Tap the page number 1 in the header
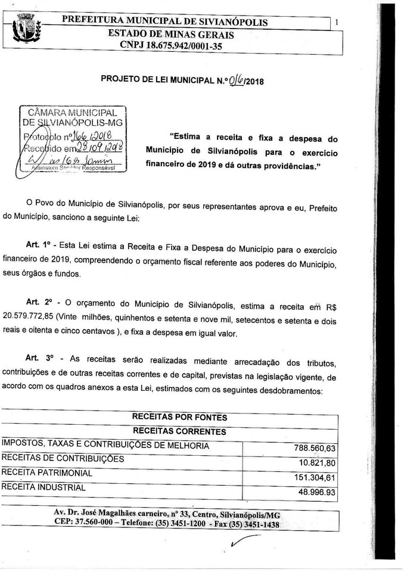tap(337, 22)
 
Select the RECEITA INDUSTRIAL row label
tap(43, 487)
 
